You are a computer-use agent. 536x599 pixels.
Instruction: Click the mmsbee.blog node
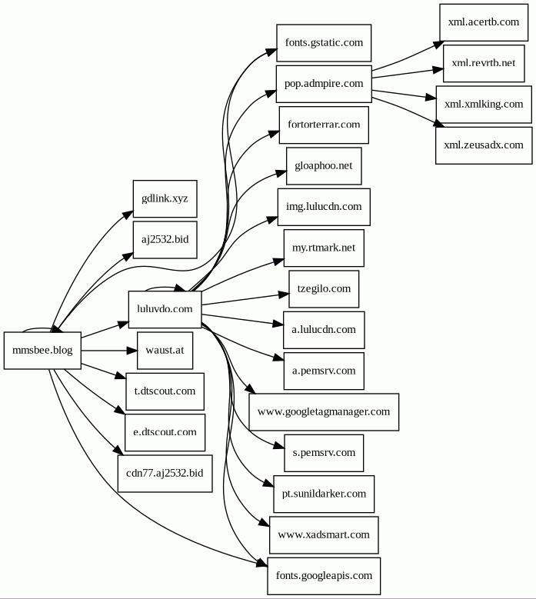tap(42, 351)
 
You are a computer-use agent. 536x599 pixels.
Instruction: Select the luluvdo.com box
tap(165, 310)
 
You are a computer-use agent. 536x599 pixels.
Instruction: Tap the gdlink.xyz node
tap(165, 198)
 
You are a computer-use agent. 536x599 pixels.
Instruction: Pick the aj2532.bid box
tap(165, 239)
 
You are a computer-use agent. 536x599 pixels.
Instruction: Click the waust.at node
tap(165, 351)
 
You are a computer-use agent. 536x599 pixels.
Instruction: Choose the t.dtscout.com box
tap(165, 391)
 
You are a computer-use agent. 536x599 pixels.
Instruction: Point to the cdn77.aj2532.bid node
tap(165, 472)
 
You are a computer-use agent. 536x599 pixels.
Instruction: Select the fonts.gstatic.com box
tap(324, 42)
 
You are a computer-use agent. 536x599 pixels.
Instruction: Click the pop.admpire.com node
tap(324, 83)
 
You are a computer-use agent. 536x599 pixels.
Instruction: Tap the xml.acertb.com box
tap(484, 22)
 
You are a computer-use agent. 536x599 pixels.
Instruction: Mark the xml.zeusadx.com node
tap(484, 145)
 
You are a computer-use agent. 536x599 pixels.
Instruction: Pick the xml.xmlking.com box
tap(484, 104)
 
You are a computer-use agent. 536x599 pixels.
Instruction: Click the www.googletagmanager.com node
tap(324, 411)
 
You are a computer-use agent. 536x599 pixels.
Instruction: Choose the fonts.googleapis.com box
tap(324, 575)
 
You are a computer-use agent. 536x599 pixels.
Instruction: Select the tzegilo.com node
tap(324, 289)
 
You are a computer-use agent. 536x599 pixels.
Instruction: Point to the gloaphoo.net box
tap(324, 165)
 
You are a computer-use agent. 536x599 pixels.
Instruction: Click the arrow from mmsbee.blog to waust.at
tap(108, 351)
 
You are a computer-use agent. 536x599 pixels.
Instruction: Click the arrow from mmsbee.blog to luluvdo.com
tap(105, 331)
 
